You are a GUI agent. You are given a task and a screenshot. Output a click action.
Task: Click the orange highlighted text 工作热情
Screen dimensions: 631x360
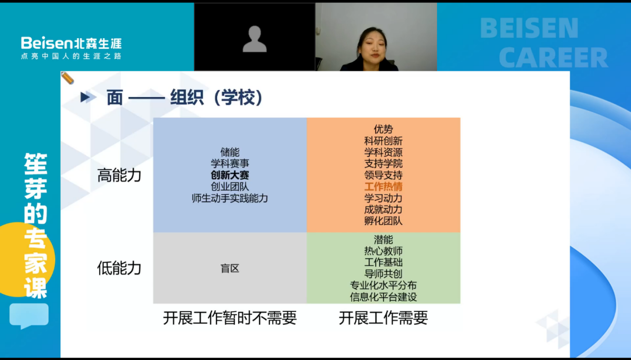[x=383, y=187]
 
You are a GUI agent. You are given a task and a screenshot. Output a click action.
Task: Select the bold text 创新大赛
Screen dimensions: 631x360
[x=230, y=175]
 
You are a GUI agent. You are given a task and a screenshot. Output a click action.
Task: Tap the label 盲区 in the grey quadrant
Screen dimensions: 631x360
[x=230, y=268]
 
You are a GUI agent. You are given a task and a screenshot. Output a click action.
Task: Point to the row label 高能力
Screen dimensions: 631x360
[x=119, y=175]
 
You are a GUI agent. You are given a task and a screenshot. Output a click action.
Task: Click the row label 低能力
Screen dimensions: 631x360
[x=119, y=268]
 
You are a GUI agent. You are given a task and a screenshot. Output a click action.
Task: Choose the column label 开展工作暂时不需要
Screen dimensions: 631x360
[x=230, y=318]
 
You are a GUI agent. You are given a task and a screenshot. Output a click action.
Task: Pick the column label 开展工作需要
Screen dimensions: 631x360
[x=383, y=318]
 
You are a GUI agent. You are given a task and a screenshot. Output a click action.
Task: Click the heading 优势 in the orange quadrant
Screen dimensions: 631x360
[x=383, y=129]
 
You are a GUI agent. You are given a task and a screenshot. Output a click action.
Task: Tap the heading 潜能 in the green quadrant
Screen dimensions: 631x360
[x=383, y=240]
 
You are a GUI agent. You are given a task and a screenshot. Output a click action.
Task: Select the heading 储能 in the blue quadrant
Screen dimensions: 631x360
[x=230, y=152]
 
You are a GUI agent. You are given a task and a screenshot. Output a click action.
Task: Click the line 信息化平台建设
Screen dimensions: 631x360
[x=383, y=297]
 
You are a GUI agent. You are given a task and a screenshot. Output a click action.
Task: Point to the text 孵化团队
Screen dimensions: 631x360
[x=383, y=221]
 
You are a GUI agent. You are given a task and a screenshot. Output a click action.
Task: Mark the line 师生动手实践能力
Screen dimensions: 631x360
[x=230, y=198]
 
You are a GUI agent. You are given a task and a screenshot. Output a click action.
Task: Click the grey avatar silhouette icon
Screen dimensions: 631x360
[x=254, y=39]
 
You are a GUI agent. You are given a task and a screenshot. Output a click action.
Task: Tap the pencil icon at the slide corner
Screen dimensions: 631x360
[x=67, y=78]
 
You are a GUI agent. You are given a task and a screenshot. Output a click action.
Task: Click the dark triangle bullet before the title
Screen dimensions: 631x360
[x=84, y=97]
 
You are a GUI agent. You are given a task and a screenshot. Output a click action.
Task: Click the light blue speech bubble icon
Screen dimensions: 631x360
[x=29, y=316]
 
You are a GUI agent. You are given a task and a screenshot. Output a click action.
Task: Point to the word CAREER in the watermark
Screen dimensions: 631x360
[x=554, y=57]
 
